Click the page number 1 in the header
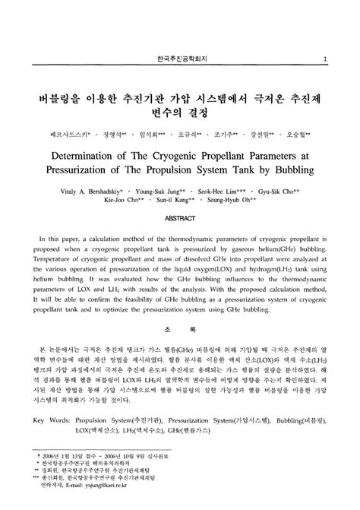(326, 59)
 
